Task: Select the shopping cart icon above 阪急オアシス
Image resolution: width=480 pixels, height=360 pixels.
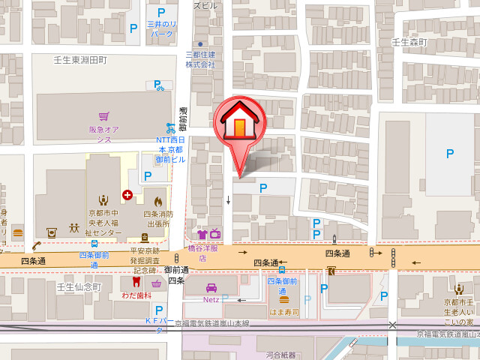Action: (x=104, y=117)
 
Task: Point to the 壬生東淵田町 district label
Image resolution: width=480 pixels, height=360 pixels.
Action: (x=80, y=59)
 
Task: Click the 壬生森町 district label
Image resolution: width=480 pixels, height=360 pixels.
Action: (x=409, y=43)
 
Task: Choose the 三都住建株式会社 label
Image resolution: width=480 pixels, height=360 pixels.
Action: (x=200, y=59)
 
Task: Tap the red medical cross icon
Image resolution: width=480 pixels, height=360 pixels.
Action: (x=127, y=195)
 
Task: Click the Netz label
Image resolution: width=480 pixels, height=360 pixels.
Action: (x=211, y=298)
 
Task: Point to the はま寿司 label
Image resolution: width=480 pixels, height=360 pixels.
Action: (x=284, y=311)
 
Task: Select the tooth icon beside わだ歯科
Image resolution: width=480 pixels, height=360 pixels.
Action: (x=136, y=283)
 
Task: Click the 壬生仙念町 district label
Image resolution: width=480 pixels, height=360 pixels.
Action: (x=78, y=287)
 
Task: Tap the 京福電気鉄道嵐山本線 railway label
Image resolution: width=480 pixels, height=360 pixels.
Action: (x=212, y=324)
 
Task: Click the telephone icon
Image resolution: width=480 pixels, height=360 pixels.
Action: (x=35, y=245)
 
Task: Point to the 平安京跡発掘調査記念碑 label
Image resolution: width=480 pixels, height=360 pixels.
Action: (x=143, y=261)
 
